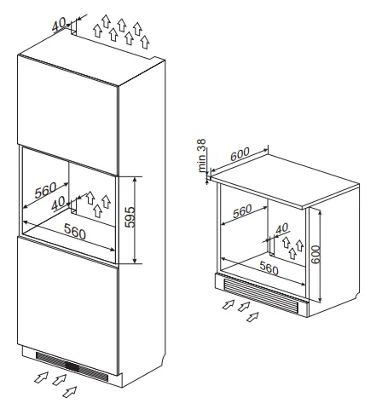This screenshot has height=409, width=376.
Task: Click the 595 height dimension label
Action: coord(130,217)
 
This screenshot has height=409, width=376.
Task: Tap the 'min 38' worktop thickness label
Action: coord(201,155)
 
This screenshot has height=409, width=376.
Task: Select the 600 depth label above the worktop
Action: coord(240,154)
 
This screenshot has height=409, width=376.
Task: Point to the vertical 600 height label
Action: coord(315,255)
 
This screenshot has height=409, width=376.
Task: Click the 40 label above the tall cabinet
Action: coord(59,24)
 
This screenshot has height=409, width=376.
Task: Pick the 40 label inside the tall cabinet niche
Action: coord(58,204)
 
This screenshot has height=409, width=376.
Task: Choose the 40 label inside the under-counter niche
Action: coord(282,228)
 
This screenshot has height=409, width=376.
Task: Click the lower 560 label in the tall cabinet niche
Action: coord(75,231)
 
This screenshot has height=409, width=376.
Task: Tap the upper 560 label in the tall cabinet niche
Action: coord(45,190)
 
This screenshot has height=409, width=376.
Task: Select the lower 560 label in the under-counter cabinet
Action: coord(269,268)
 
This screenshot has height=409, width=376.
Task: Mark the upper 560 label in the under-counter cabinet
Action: coord(242,211)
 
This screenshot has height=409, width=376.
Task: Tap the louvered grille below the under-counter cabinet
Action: coord(261,296)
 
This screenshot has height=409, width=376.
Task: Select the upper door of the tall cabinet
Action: coord(67,113)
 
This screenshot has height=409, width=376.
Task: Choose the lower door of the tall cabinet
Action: coord(67,305)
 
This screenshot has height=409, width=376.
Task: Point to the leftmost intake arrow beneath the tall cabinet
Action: coord(41,377)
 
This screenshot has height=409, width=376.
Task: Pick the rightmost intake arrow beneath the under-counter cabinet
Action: coord(252,317)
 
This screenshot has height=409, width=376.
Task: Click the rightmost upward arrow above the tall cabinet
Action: coord(145,43)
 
